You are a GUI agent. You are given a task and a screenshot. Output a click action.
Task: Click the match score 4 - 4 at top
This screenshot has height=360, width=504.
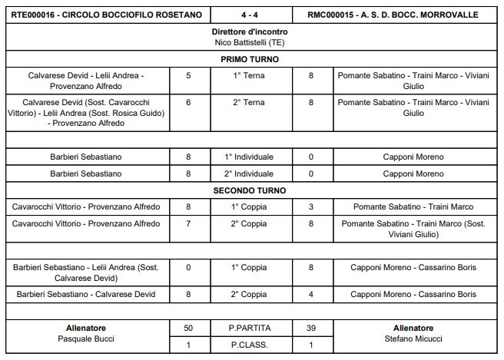point(250,15)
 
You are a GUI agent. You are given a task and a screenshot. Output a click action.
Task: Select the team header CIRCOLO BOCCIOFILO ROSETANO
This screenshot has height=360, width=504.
point(107,15)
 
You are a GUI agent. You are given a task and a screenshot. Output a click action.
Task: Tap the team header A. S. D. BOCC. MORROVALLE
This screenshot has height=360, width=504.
point(393,15)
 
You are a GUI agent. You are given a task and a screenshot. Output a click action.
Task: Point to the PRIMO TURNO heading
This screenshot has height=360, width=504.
point(250,59)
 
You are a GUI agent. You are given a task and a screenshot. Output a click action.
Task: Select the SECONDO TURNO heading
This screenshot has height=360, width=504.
point(250,190)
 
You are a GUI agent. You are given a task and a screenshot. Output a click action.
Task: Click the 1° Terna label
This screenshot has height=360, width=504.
point(250,76)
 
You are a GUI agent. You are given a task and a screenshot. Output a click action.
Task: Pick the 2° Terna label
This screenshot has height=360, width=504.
point(250,102)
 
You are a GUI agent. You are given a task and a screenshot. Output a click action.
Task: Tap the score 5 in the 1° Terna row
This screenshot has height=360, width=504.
point(188,76)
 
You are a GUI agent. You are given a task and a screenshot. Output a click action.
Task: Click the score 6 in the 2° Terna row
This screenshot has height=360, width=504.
point(188,102)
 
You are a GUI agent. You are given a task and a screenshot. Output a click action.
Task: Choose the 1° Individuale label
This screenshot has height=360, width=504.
point(250,157)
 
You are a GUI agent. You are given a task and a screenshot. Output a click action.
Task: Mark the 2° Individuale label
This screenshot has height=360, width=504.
point(250,174)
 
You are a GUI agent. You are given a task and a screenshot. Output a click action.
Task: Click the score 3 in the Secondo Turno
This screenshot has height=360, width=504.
point(310,207)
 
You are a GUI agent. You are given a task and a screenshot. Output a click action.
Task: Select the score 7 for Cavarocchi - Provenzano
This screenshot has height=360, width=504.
point(188,224)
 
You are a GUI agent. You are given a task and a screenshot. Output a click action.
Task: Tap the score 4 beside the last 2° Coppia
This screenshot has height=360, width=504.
point(310,294)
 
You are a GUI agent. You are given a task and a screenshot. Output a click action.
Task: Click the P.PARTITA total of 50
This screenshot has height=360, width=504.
point(188,328)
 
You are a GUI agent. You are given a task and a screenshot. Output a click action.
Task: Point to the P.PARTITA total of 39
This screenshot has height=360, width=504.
point(310,328)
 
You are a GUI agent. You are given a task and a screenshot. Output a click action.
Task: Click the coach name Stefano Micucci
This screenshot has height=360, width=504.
point(413,339)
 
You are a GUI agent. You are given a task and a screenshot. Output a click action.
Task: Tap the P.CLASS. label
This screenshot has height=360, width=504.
point(250,345)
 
